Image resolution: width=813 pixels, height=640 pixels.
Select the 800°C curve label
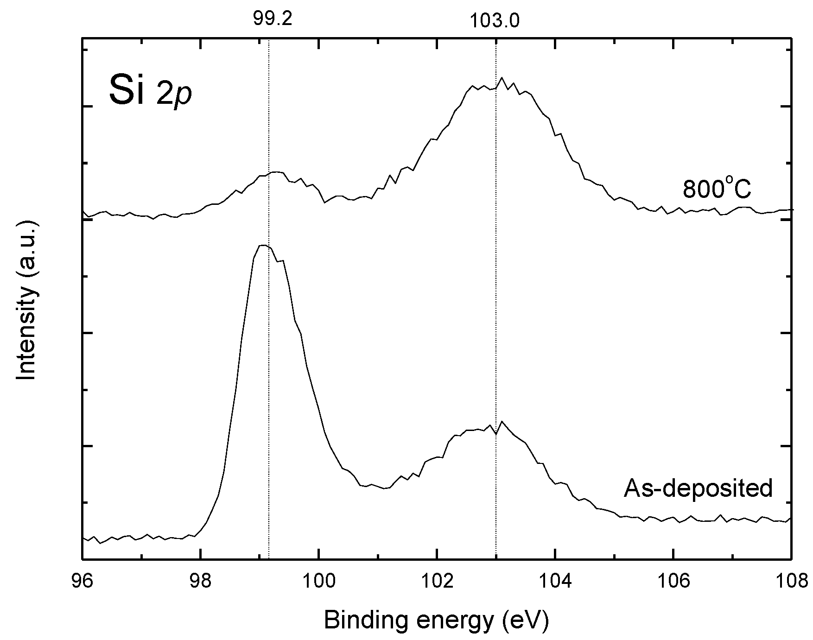(x=717, y=189)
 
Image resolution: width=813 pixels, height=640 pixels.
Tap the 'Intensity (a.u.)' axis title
(x=26, y=301)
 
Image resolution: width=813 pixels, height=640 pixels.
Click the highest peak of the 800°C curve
(x=501, y=79)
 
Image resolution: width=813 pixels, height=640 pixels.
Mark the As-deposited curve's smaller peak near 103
(x=502, y=422)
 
